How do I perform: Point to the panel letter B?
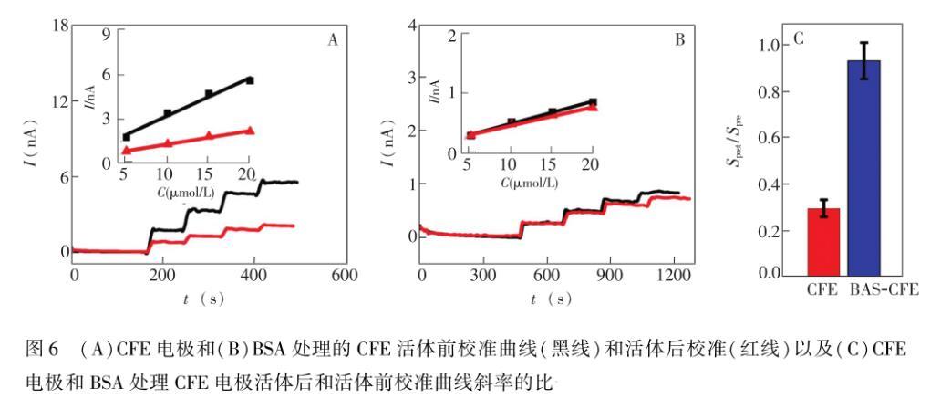[680, 40]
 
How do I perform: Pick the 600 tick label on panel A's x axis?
[344, 275]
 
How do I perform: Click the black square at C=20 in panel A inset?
[250, 80]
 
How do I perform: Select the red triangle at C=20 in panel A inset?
[250, 131]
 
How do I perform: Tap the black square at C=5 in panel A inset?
[127, 137]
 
